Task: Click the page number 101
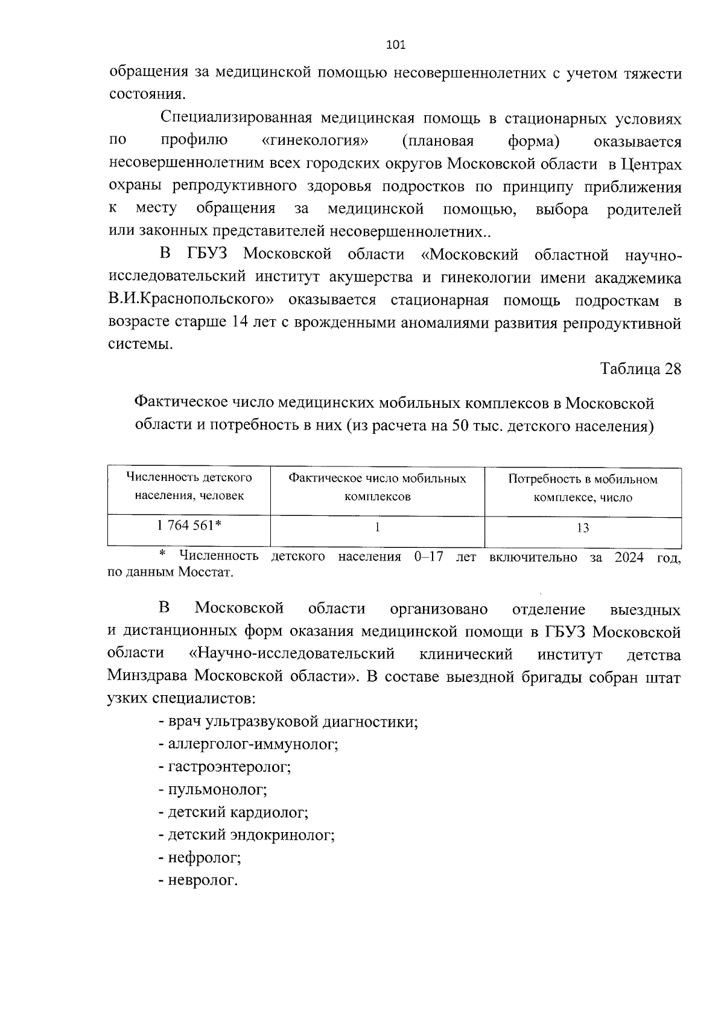coord(395,45)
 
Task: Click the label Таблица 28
coord(640,369)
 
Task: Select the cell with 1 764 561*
coord(188,526)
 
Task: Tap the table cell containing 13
coord(583,528)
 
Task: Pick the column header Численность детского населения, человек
coord(189,487)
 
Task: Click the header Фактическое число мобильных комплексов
coord(377,488)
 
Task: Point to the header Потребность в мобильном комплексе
coord(583,488)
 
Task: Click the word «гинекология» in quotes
coord(316,142)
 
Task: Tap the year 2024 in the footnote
coord(629,557)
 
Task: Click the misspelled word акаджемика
coord(638,278)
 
